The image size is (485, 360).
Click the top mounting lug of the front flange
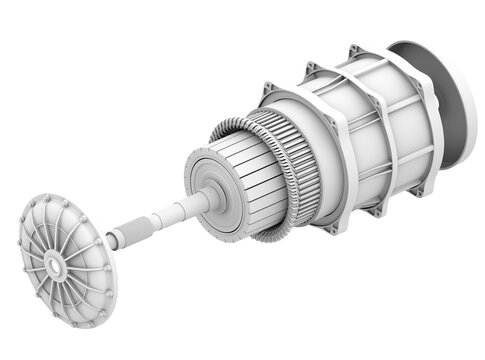coord(269,91)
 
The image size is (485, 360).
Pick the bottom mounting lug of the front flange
coord(330,229)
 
